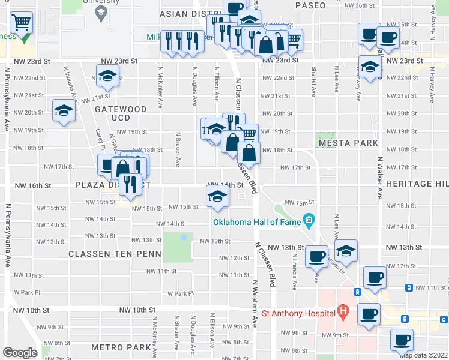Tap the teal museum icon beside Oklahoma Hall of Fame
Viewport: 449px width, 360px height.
309,220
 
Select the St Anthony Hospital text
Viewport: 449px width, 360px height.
298,313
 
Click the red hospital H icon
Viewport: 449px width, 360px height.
343,312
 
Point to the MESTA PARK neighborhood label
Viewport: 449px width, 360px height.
348,143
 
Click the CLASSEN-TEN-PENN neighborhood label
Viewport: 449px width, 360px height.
115,254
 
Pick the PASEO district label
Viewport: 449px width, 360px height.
310,5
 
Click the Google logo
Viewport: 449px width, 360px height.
20,353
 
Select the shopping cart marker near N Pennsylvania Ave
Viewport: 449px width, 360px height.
22,25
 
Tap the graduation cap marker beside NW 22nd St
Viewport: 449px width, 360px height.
108,77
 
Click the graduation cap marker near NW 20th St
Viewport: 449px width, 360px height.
63,111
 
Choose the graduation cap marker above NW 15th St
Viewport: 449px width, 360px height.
217,196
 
